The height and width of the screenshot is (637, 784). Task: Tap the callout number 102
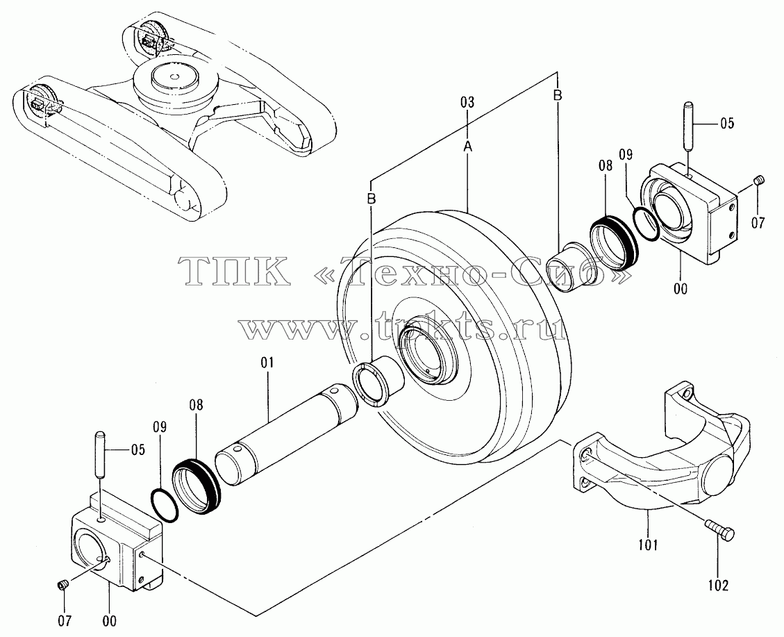pyautogui.click(x=719, y=585)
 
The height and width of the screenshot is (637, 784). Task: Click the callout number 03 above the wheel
pyautogui.click(x=467, y=103)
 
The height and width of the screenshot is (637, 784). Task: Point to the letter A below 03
pyautogui.click(x=467, y=147)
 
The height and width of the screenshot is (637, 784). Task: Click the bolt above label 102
pyautogui.click(x=719, y=530)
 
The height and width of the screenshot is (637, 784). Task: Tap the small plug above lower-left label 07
pyautogui.click(x=62, y=584)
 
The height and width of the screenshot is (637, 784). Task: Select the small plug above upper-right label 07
pyautogui.click(x=759, y=179)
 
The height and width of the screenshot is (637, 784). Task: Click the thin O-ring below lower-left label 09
pyautogui.click(x=165, y=506)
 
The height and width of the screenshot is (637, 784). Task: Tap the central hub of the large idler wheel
pyautogui.click(x=428, y=350)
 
